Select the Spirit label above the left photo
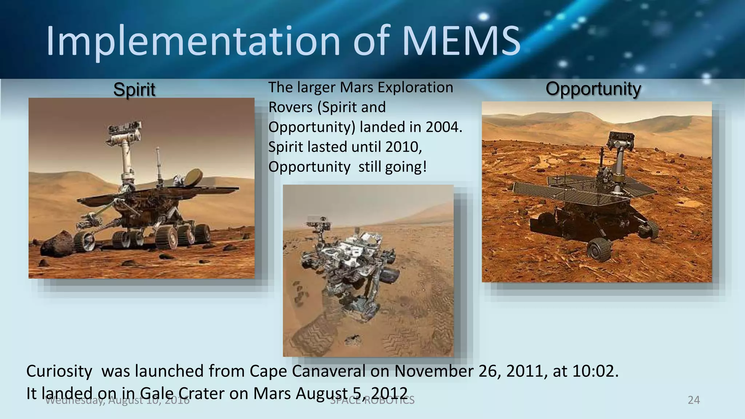[x=134, y=89]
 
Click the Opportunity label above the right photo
[x=593, y=89]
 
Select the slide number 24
[x=694, y=400]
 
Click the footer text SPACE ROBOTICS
[x=372, y=400]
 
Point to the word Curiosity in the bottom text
[x=59, y=371]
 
